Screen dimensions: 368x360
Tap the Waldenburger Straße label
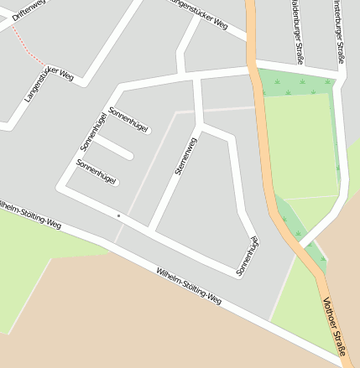[297, 31]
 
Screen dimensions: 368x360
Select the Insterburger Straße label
[337, 31]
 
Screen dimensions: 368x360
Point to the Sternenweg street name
[185, 155]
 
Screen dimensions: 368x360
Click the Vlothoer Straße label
[335, 332]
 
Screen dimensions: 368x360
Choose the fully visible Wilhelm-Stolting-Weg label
[189, 285]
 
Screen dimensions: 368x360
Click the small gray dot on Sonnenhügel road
[119, 216]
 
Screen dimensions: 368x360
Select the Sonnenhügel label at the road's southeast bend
[247, 257]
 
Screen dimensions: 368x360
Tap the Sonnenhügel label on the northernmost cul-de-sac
[129, 120]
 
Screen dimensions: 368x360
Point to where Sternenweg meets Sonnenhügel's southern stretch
[152, 229]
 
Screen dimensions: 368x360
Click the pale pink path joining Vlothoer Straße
[218, 109]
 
